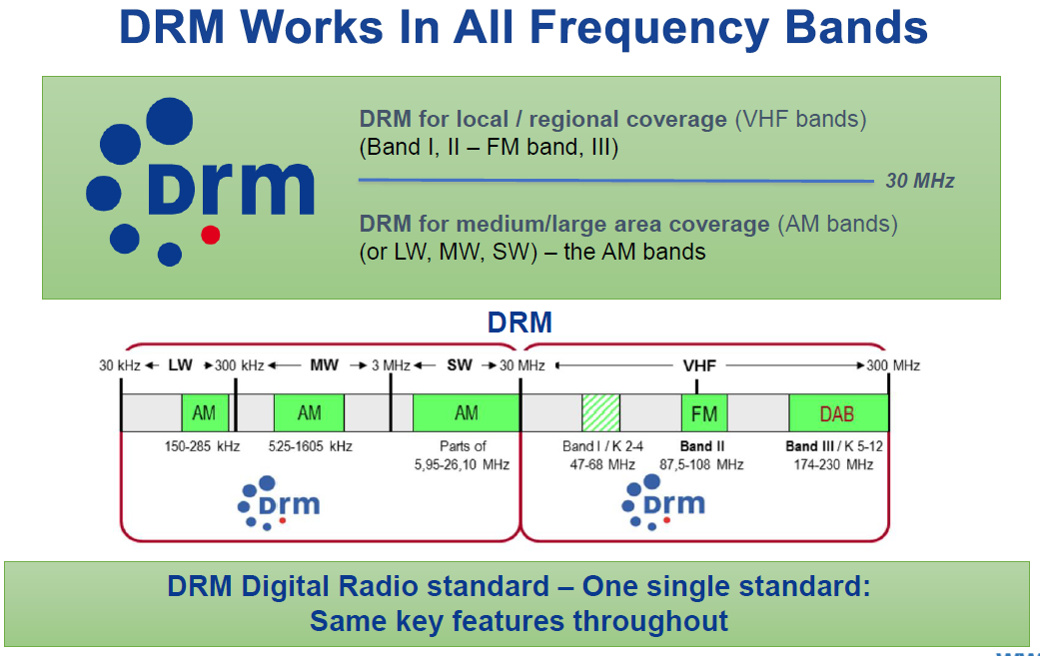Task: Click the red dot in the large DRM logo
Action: coord(210,236)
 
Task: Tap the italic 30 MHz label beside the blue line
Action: coord(920,181)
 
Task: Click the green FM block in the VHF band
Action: coord(704,413)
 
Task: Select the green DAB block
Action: coord(837,413)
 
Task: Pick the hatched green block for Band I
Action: coord(600,413)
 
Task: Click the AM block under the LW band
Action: coord(205,413)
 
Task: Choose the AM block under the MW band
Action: coord(309,413)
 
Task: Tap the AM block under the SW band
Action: coord(466,413)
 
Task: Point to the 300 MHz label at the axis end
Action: coord(893,365)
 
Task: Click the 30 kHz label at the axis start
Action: coord(119,365)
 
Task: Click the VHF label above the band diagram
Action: coord(699,365)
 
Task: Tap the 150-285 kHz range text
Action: coord(202,446)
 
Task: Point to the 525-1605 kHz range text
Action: coord(310,446)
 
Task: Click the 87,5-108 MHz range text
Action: coord(701,464)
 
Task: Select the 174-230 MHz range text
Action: coord(833,464)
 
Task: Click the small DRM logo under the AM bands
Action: coord(279,502)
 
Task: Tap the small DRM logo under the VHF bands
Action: coord(664,502)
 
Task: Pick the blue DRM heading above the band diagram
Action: coord(520,323)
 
